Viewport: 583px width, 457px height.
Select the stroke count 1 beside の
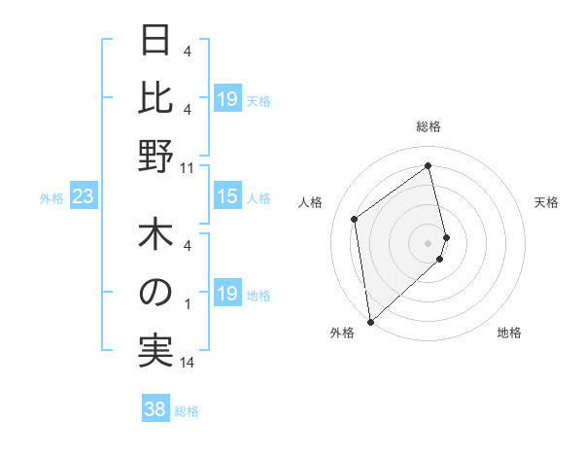pyautogui.click(x=187, y=305)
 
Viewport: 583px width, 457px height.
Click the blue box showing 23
pyautogui.click(x=83, y=197)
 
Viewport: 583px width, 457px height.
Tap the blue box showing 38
pyautogui.click(x=154, y=409)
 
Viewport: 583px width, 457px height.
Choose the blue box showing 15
pyautogui.click(x=226, y=197)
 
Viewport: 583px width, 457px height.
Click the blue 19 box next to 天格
pyautogui.click(x=226, y=99)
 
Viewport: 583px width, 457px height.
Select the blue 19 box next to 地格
pyautogui.click(x=226, y=295)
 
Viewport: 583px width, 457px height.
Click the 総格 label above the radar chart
pyautogui.click(x=429, y=126)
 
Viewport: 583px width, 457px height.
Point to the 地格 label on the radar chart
pyautogui.click(x=509, y=334)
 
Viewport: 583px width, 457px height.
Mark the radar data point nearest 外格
pyautogui.click(x=370, y=321)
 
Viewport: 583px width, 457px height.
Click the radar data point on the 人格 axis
pyautogui.click(x=355, y=219)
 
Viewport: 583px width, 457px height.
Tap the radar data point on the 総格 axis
pyautogui.click(x=429, y=166)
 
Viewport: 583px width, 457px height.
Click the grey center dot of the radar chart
pyautogui.click(x=429, y=242)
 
